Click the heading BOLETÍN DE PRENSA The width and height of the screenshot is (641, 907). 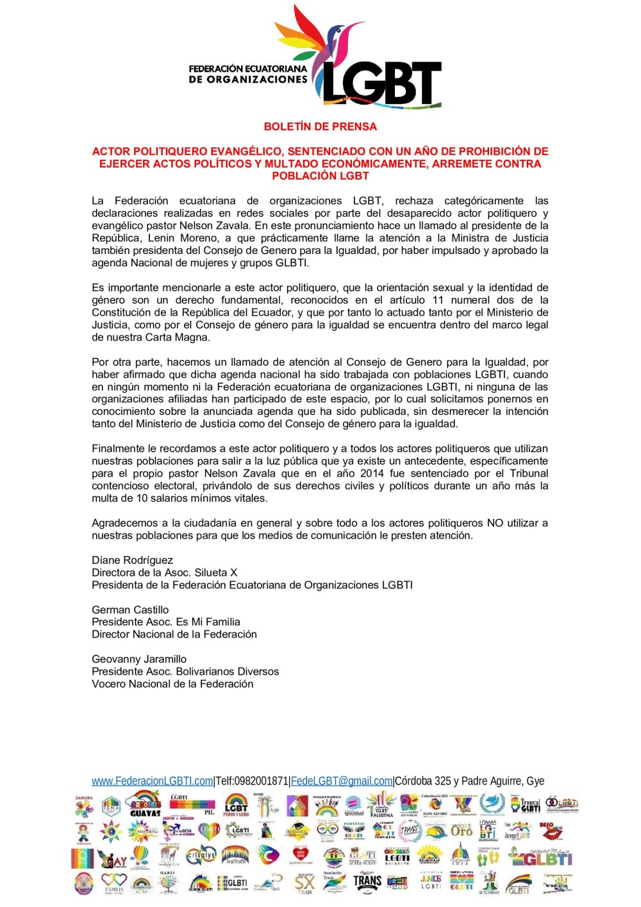320,126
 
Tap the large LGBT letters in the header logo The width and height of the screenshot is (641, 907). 381,83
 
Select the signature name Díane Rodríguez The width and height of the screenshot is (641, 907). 132,560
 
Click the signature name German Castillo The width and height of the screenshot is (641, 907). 130,609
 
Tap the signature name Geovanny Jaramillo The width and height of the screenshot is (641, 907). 139,659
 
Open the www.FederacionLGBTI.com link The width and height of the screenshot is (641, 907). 152,781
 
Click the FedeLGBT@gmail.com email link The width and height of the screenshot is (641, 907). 341,781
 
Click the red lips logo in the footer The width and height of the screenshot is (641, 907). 550,831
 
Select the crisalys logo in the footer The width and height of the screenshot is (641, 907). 201,856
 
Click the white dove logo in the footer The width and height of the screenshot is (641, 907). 492,804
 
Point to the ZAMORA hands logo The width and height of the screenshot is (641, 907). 84,806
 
